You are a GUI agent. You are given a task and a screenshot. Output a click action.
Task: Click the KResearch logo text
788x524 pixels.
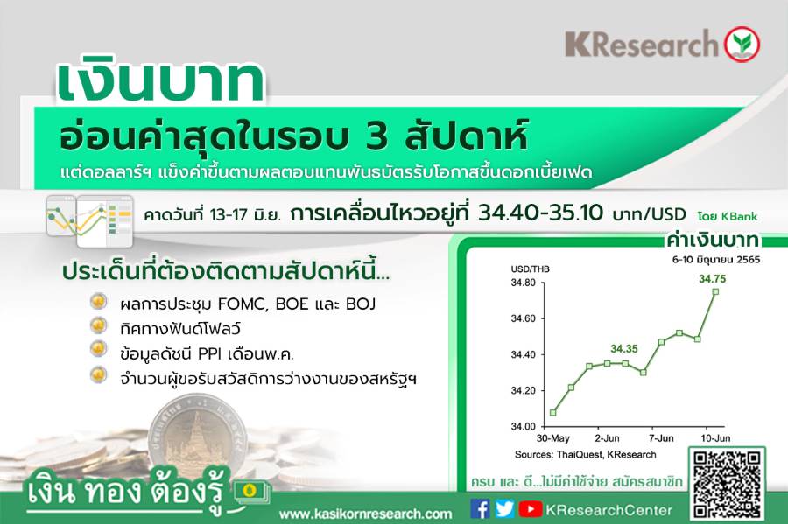coord(642,44)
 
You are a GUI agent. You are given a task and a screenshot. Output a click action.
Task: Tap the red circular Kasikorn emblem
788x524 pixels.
coord(742,44)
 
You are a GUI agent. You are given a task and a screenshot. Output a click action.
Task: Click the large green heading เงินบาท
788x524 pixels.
coord(161,82)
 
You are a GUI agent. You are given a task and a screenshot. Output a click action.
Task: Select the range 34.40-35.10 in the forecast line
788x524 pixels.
coord(540,213)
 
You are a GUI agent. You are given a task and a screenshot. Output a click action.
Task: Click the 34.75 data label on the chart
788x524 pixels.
coord(712,278)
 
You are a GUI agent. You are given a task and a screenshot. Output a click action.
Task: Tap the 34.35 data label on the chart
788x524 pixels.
coord(624,348)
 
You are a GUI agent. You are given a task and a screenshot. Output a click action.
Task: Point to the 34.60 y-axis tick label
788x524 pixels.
coord(524,318)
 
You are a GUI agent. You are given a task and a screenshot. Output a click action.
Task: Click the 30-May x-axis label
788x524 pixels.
coord(552,438)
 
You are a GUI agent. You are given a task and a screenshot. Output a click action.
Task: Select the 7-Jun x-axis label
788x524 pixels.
coord(661,438)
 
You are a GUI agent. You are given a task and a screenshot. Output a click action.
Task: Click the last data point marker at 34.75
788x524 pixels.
coord(715,291)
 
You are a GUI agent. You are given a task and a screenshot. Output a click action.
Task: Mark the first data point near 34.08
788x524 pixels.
coord(553,413)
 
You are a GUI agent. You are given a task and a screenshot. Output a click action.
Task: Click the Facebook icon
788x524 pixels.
coord(481,509)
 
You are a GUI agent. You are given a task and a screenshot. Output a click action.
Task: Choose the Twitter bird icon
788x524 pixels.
coord(504,509)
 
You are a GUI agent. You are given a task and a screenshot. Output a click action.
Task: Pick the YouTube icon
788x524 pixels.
coord(531,509)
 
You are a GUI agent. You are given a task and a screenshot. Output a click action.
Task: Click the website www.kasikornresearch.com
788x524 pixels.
coord(365,514)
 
